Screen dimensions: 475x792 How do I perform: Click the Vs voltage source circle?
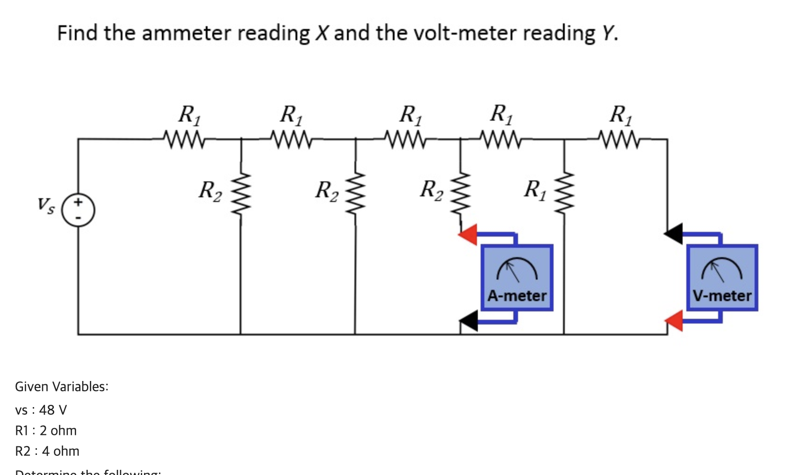coord(79,210)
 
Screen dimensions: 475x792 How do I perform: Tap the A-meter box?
coord(517,277)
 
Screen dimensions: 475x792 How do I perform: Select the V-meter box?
coord(722,277)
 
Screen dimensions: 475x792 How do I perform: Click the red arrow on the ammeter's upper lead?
coord(468,234)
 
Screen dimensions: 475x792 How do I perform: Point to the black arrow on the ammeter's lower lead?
coord(469,321)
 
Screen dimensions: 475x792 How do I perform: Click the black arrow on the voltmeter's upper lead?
coord(674,233)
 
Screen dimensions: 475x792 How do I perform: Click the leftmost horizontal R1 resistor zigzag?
coord(184,139)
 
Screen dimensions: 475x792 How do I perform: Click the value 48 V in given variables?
coord(53,410)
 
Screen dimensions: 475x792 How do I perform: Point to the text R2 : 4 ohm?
coord(47,451)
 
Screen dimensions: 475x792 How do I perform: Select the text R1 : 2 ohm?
coord(46,431)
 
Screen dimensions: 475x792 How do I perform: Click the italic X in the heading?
coord(322,33)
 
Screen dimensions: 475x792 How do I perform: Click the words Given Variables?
coord(61,387)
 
